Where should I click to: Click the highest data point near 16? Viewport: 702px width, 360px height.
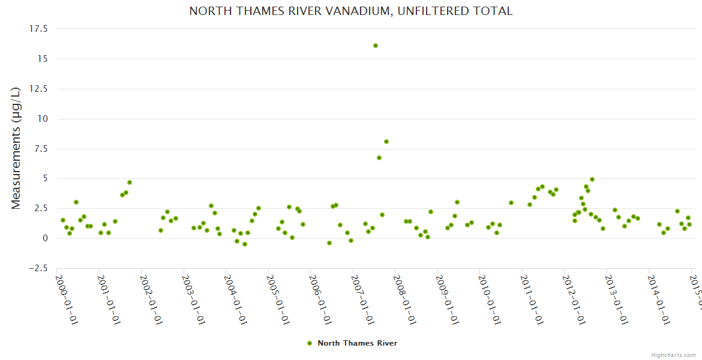[376, 46]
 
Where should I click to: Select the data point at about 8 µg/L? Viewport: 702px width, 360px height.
[386, 142]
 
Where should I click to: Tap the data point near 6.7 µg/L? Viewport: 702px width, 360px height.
[379, 158]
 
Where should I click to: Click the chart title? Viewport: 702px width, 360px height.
[350, 11]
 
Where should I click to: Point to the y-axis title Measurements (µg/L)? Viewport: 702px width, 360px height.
[16, 148]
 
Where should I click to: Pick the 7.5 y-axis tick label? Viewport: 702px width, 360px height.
[41, 149]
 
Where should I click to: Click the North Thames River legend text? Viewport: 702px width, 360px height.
[357, 343]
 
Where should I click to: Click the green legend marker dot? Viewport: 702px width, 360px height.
[310, 343]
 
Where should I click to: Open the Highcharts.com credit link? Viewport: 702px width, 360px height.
[673, 355]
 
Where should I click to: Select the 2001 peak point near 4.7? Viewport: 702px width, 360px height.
[130, 182]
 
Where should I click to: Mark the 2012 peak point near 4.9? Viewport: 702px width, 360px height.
[592, 179]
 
